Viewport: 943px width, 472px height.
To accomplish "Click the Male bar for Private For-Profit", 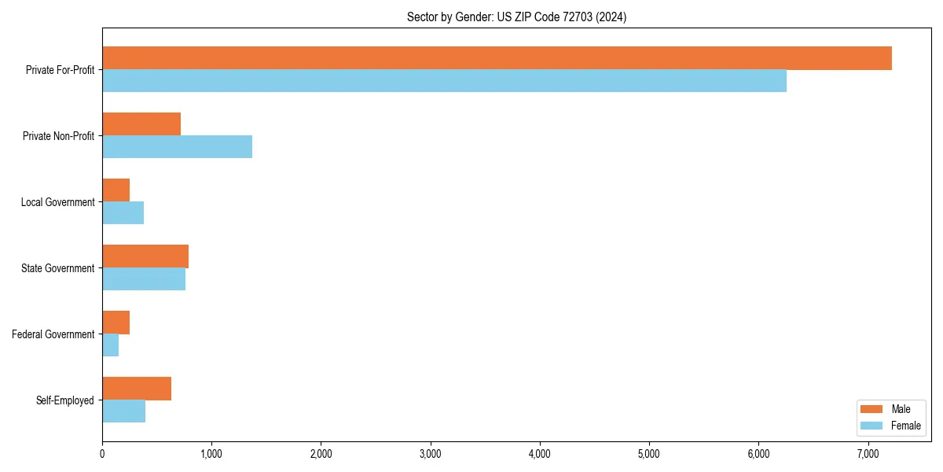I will point(497,58).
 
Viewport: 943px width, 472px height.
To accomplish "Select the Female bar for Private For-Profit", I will point(444,81).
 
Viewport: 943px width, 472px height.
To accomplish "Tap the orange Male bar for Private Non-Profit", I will point(141,124).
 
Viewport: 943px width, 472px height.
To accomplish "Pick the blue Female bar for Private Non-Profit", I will point(177,147).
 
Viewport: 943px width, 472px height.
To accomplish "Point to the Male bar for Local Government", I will point(116,190).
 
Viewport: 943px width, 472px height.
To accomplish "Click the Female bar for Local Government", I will point(123,213).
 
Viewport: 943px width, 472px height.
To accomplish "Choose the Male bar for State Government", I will point(145,256).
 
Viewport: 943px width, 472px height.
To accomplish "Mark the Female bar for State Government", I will point(144,279).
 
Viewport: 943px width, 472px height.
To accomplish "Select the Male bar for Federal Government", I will point(116,323).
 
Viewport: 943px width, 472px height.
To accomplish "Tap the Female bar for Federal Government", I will point(110,345).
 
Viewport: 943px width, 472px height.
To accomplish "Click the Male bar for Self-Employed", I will point(137,389).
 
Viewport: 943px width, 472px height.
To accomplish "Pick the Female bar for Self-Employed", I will point(123,411).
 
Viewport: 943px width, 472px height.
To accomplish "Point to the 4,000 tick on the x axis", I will point(540,454).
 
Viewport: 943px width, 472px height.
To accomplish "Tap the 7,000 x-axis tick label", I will point(868,454).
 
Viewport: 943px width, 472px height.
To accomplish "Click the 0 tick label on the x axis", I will point(102,454).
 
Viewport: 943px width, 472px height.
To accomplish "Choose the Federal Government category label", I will point(53,334).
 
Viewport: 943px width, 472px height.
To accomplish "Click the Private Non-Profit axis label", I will point(58,136).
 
